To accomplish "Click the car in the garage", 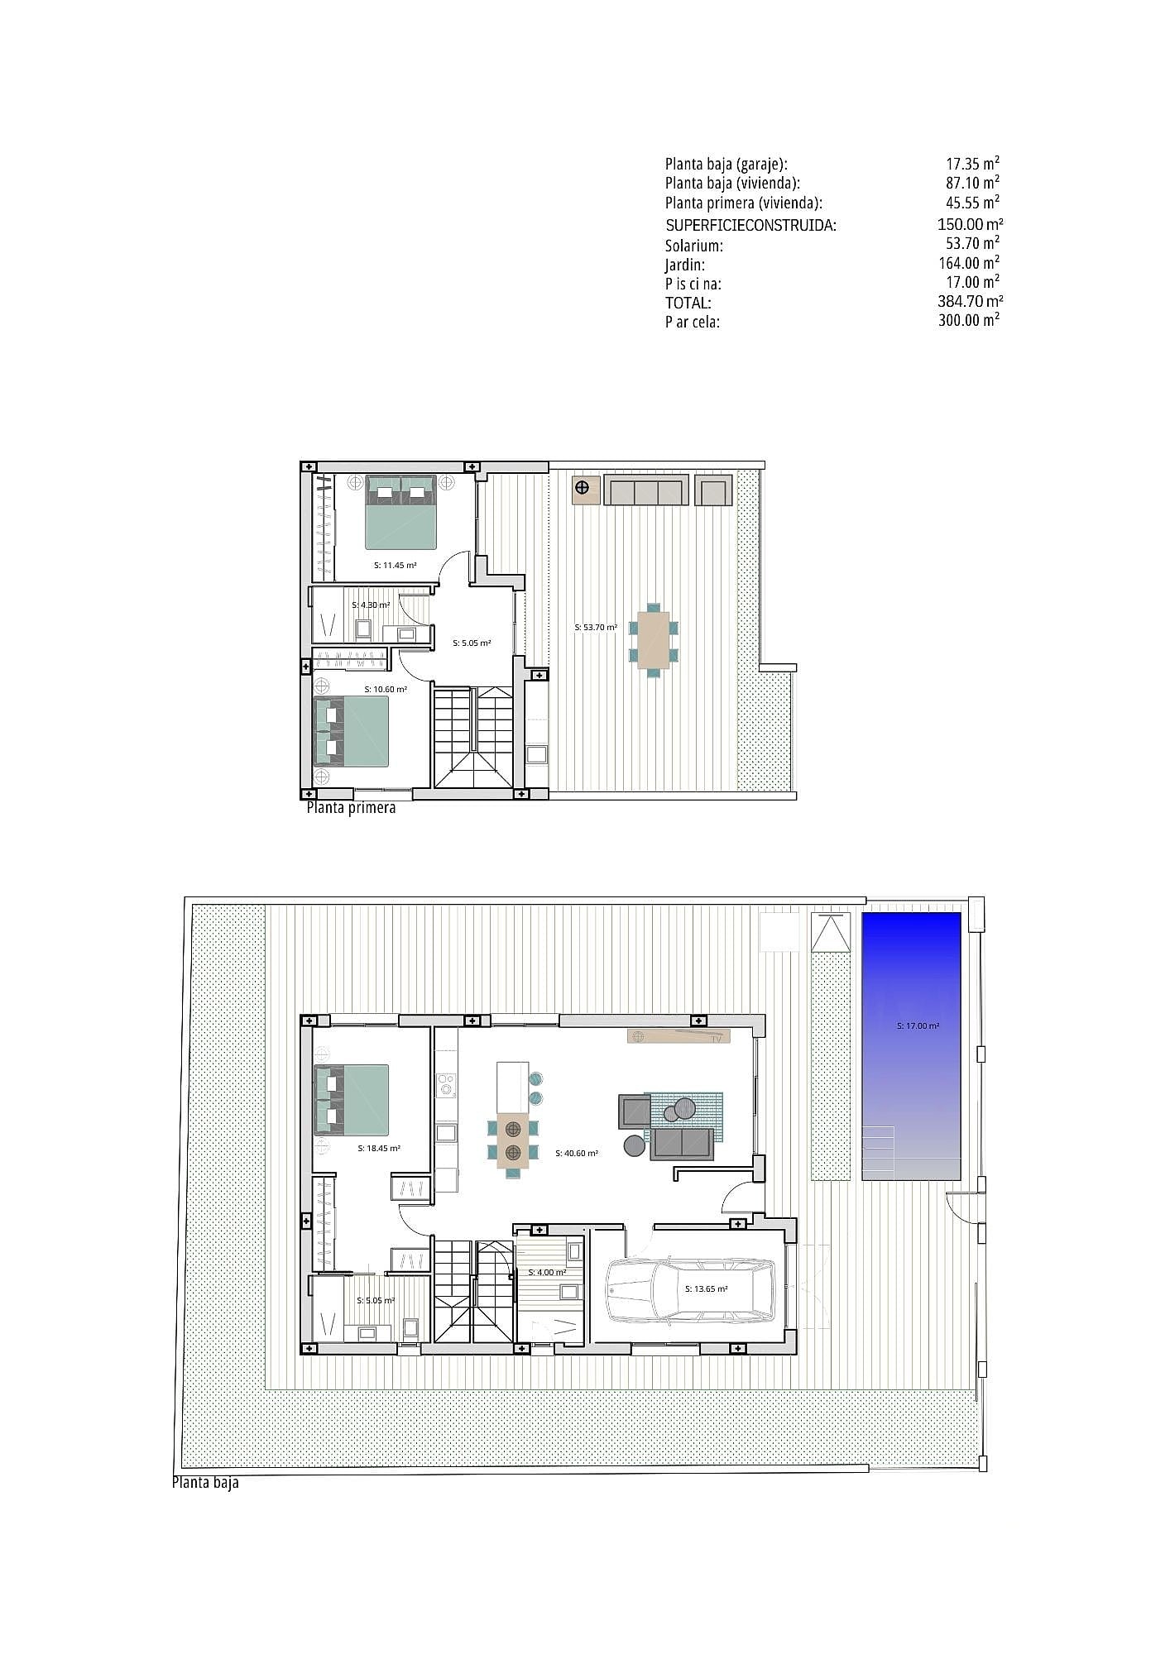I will [x=690, y=1289].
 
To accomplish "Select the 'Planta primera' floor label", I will [x=351, y=807].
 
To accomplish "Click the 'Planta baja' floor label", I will [x=205, y=1482].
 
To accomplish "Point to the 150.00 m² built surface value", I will [x=970, y=224].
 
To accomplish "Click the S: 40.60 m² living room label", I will [x=577, y=1153].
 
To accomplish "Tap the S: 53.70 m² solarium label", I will [x=596, y=628].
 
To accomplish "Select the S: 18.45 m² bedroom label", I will [x=379, y=1149].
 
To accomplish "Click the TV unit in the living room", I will [x=679, y=1036].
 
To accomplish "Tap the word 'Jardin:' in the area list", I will [x=685, y=265].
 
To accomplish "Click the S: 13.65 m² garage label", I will [x=706, y=1288].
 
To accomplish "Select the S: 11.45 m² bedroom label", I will [x=395, y=566].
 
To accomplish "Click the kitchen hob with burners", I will [x=447, y=1084].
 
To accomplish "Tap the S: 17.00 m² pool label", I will [x=918, y=1026].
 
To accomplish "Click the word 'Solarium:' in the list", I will [x=693, y=246].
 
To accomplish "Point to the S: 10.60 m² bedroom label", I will [x=386, y=689].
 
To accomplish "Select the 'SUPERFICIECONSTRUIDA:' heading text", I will [x=750, y=225].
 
